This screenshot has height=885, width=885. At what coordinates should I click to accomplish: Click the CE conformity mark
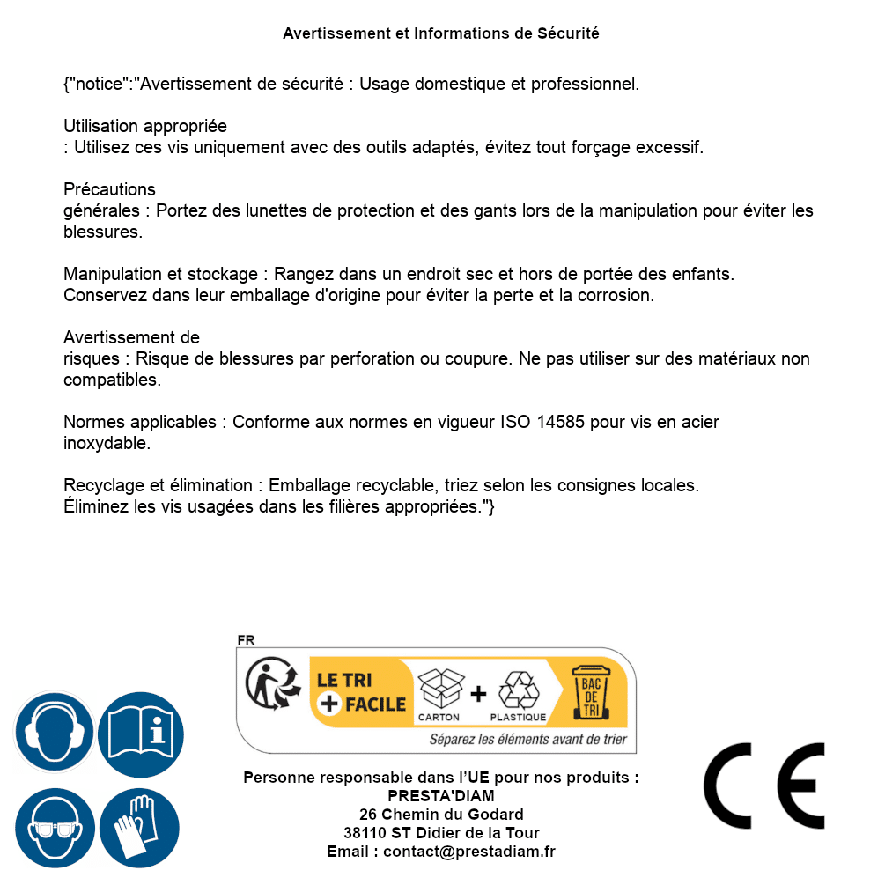tap(763, 785)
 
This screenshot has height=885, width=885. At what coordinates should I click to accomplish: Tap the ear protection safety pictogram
tap(54, 733)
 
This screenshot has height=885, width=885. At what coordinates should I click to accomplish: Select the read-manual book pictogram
tap(141, 733)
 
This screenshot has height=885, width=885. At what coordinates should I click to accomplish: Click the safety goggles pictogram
tap(54, 829)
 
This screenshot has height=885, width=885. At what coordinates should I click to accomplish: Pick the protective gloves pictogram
tap(139, 829)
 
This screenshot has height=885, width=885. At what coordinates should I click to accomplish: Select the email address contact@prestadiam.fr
tap(469, 852)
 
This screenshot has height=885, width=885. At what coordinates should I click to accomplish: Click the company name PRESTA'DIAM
tap(440, 796)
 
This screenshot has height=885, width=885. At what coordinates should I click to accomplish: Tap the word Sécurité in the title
tap(568, 33)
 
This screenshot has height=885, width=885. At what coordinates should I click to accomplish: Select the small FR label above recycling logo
tap(246, 641)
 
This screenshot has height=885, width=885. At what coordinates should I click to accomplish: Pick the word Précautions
tap(109, 189)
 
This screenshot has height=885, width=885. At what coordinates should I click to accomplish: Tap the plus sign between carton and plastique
tap(478, 693)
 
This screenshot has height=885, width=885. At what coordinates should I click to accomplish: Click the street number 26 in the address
tap(369, 815)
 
